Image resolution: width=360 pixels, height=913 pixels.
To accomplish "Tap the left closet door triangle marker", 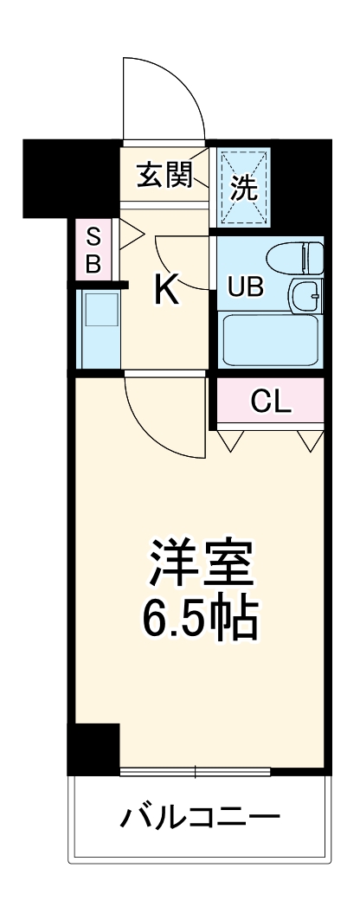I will [x=230, y=440].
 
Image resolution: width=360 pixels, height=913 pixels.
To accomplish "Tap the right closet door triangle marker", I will [x=309, y=440].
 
